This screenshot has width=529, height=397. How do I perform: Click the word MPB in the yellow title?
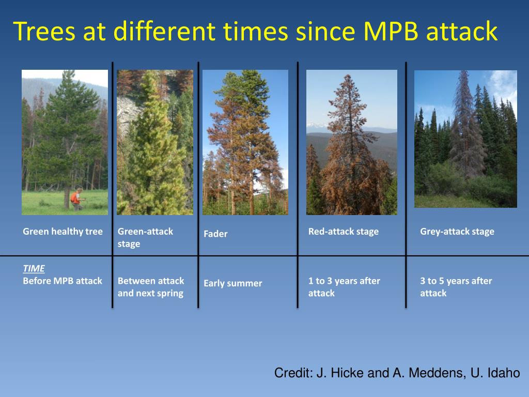(x=391, y=31)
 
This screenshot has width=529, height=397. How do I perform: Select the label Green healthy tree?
(x=63, y=232)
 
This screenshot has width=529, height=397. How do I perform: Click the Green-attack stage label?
(x=145, y=237)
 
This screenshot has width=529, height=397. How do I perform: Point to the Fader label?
(x=215, y=234)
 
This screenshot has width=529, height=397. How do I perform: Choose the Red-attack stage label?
(x=344, y=232)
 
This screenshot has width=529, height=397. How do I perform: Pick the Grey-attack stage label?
(x=457, y=232)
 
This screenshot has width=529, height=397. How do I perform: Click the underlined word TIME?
(x=34, y=268)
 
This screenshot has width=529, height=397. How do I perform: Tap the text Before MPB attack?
(x=63, y=281)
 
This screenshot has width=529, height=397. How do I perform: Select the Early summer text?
(x=233, y=283)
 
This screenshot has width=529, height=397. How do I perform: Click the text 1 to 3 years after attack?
(x=344, y=287)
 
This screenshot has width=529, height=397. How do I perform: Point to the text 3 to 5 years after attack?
(x=456, y=287)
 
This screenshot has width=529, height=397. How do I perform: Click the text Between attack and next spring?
(x=151, y=287)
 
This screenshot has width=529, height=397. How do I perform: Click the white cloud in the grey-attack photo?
(x=503, y=86)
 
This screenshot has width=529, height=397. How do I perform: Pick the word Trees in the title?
(x=44, y=31)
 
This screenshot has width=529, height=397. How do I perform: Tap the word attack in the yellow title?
(x=462, y=31)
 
